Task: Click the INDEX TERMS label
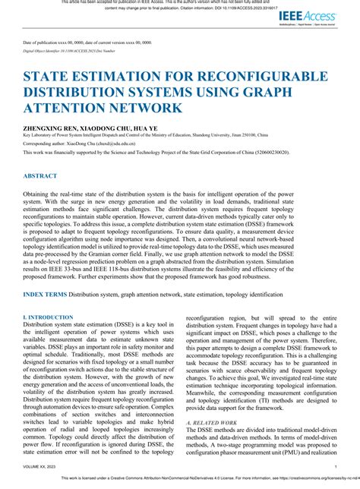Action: point(44,292)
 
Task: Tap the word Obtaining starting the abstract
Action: point(39,195)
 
